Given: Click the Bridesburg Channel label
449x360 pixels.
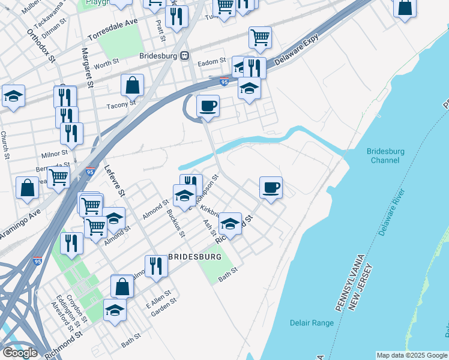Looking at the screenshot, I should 385,156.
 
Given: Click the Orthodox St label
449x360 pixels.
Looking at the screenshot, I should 40,45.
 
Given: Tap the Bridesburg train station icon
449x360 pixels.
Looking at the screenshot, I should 185,55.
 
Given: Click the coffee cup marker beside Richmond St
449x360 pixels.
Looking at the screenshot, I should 271,187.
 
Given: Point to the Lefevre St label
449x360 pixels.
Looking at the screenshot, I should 114,181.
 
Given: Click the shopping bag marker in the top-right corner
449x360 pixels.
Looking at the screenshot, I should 405,8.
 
